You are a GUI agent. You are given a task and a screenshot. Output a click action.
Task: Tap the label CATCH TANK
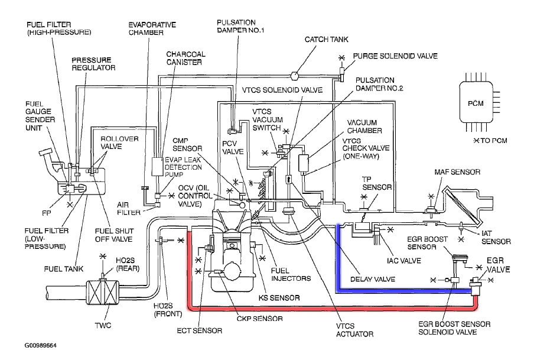pyautogui.click(x=327, y=40)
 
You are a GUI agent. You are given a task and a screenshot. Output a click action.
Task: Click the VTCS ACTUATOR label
pyautogui.click(x=354, y=329)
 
